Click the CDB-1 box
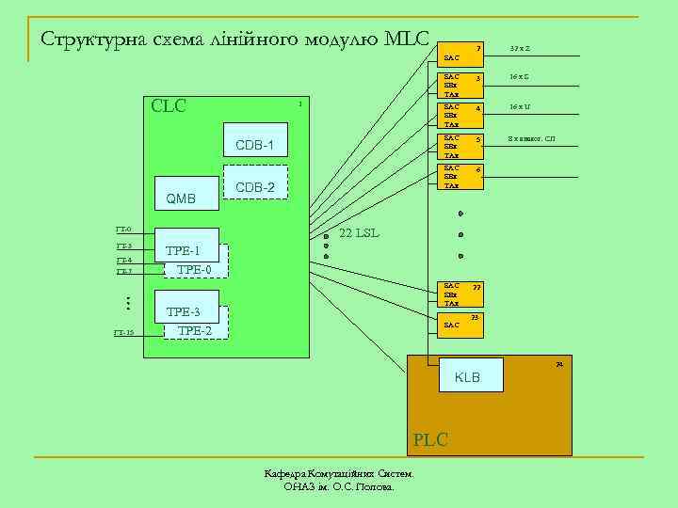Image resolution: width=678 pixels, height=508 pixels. click(254, 145)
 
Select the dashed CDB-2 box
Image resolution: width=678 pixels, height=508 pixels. click(255, 187)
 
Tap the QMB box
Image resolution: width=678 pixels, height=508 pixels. click(181, 198)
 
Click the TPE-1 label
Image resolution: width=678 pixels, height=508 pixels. click(183, 251)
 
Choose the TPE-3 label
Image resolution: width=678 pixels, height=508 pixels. click(183, 311)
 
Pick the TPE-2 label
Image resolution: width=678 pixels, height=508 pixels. click(195, 330)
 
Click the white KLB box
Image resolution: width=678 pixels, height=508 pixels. click(468, 377)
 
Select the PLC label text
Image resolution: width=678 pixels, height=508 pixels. click(429, 439)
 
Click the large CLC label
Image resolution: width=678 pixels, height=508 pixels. click(169, 105)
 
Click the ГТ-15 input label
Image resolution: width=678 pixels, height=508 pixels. click(123, 333)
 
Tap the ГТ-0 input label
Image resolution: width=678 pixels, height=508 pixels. click(123, 230)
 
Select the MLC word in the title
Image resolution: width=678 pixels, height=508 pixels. click(407, 40)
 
